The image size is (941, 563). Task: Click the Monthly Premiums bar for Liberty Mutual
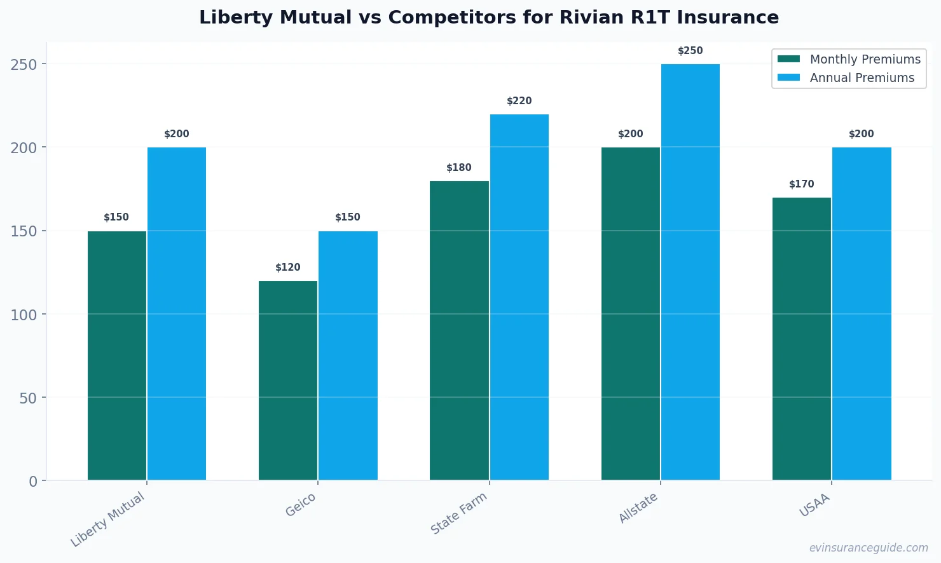[x=117, y=355]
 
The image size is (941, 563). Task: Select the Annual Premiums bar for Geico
[x=348, y=355]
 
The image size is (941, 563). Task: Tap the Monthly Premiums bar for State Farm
[x=459, y=330]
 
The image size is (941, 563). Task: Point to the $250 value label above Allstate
[x=690, y=51]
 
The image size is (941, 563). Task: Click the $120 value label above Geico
[x=287, y=268]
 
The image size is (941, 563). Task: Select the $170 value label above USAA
[x=801, y=184]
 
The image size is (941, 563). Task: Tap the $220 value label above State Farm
[x=519, y=101]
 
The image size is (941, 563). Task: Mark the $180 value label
[x=458, y=168]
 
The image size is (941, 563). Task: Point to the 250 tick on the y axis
[x=24, y=64]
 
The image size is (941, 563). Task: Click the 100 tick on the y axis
[x=24, y=315]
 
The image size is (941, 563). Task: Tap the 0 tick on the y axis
[x=33, y=481]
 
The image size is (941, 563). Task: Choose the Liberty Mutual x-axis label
[x=108, y=519]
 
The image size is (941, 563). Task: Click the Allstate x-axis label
[x=638, y=508]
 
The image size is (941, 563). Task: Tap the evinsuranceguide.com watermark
[x=868, y=548]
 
